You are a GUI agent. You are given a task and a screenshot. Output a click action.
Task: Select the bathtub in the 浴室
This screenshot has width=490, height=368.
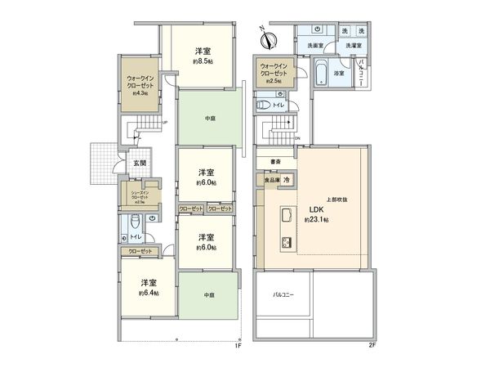point(323,76)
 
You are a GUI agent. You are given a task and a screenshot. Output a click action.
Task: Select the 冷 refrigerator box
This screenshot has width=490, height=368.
point(288,179)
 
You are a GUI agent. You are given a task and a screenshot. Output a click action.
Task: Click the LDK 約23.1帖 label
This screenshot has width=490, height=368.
point(317,214)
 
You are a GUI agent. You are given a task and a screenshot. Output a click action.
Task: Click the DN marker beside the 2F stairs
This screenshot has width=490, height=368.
point(298,137)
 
